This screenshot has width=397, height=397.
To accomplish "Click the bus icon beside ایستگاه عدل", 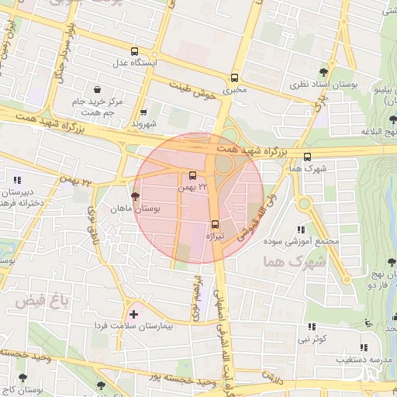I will click(135, 50).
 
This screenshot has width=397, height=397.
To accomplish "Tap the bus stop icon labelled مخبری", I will click(234, 78).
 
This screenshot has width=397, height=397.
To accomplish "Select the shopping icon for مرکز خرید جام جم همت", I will click(96, 89).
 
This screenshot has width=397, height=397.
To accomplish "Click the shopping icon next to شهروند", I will click(143, 112).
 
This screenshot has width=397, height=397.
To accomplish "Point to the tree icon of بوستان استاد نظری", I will click(334, 72).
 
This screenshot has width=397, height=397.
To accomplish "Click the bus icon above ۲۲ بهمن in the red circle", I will click(192, 175).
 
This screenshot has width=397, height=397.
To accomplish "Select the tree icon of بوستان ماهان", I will click(136, 197).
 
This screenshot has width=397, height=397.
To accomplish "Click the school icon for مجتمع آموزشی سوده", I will click(301, 230).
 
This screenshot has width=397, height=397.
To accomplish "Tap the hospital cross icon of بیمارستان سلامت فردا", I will click(134, 314).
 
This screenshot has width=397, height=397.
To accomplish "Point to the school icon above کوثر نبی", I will click(311, 327).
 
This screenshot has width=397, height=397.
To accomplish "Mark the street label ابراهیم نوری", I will click(191, 295).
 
